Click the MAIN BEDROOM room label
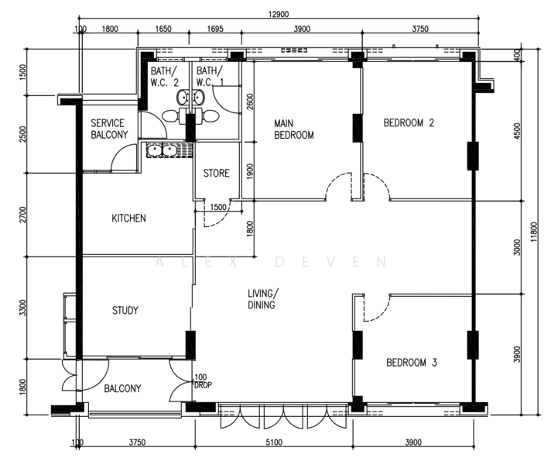[x=294, y=129]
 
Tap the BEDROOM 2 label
[x=409, y=123]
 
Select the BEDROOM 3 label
[x=412, y=363]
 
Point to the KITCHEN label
[x=128, y=218]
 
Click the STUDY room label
[x=125, y=310]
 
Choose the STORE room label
[x=216, y=173]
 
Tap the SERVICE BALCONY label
[x=109, y=129]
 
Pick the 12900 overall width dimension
[x=279, y=14]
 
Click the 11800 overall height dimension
[x=534, y=232]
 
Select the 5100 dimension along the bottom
[x=274, y=443]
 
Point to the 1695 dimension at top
[x=215, y=29]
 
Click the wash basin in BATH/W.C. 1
[x=199, y=98]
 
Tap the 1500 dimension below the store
[x=217, y=207]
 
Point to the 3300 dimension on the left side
[x=22, y=308]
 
